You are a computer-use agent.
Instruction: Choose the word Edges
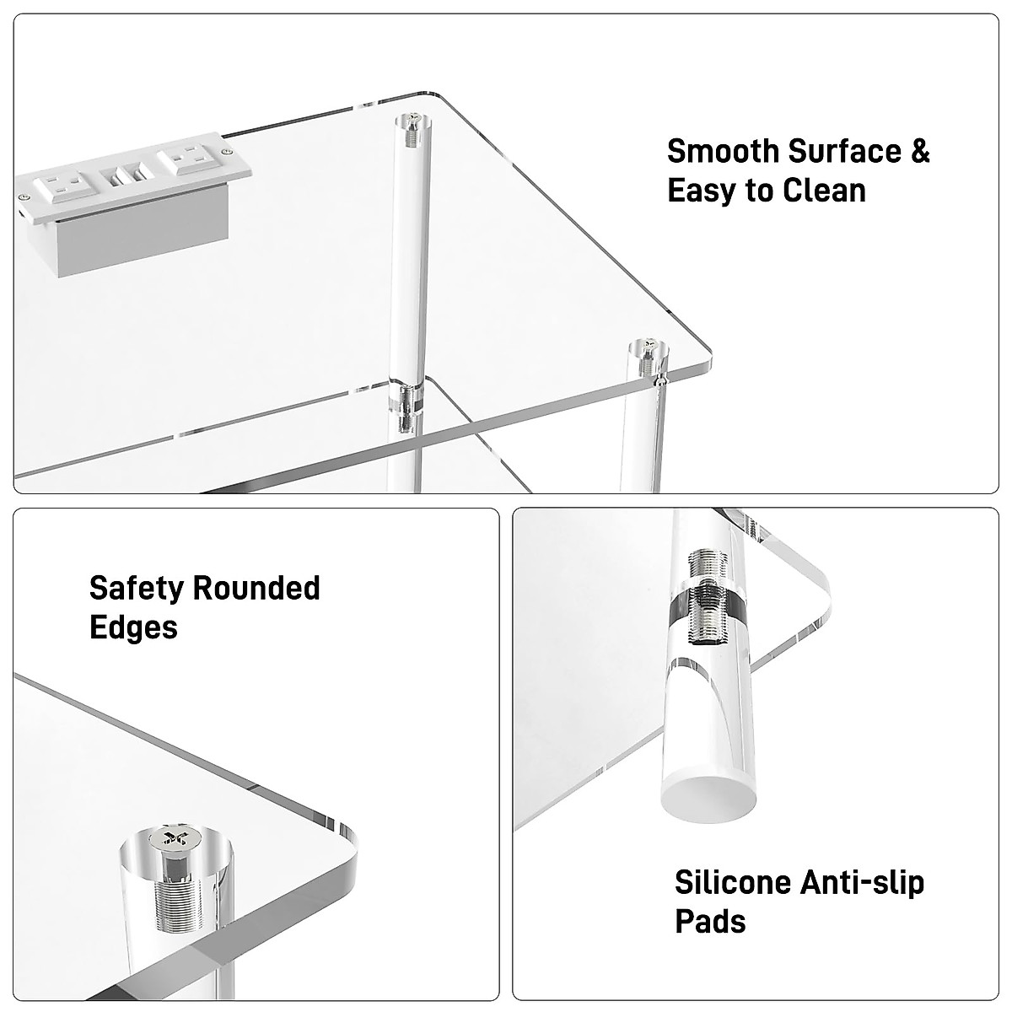[133, 627]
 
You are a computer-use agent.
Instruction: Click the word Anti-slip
[864, 883]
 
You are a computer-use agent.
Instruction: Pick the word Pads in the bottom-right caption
[710, 922]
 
